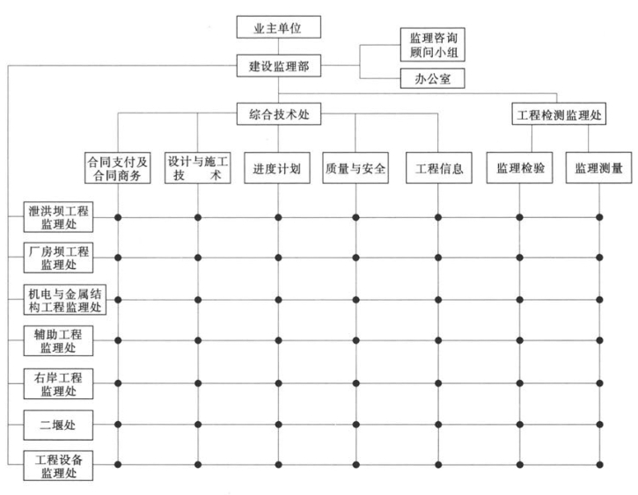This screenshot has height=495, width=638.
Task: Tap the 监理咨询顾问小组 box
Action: [432, 44]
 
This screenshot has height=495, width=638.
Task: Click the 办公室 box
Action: [432, 80]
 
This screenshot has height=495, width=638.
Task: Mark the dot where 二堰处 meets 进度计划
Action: [279, 424]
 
